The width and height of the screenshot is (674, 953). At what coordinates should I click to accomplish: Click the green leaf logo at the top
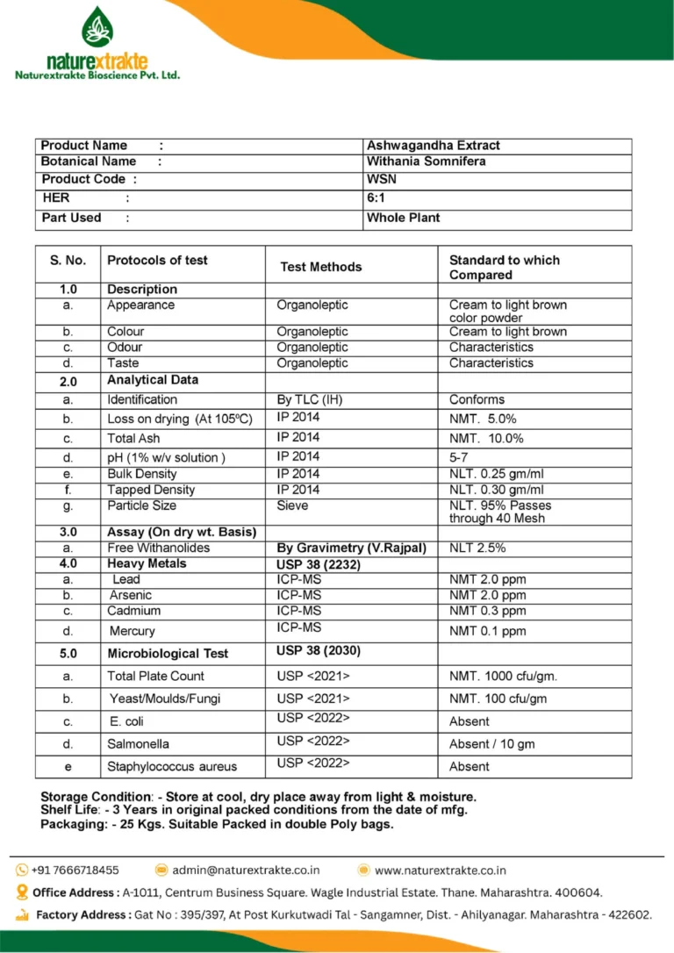coord(97,27)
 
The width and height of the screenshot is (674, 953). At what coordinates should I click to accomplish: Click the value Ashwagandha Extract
coord(433,146)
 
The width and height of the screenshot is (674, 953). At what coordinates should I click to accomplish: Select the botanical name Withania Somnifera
coord(426,161)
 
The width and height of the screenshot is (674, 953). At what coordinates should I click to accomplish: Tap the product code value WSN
coord(381,179)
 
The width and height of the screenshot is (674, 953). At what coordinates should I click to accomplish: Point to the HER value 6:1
coord(375,198)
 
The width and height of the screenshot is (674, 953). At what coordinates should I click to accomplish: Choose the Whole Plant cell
coord(403,218)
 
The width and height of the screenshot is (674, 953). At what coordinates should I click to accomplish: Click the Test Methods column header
coord(320,267)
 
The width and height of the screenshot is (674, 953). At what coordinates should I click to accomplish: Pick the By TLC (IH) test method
coord(310,399)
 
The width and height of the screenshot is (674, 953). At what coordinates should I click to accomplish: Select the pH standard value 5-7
coord(459,457)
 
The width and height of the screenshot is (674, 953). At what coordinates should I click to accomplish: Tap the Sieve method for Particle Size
coord(292,505)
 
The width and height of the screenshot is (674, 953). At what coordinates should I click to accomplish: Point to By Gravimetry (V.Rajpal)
coord(351,548)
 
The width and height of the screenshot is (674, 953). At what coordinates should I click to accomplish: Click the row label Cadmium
coord(133,611)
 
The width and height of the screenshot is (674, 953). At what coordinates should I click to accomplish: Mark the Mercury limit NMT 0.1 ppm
coord(487,631)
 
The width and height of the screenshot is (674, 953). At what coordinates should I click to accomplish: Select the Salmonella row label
coord(138,744)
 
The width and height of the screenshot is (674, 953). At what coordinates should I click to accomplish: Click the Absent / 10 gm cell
coord(491,744)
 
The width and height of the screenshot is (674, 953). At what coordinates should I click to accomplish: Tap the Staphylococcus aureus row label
coord(172,767)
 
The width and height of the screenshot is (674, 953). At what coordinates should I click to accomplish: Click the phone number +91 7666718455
coord(75,870)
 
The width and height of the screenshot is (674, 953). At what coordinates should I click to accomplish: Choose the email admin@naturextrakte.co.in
coord(246,870)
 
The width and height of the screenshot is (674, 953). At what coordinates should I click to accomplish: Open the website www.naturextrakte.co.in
coord(440,870)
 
